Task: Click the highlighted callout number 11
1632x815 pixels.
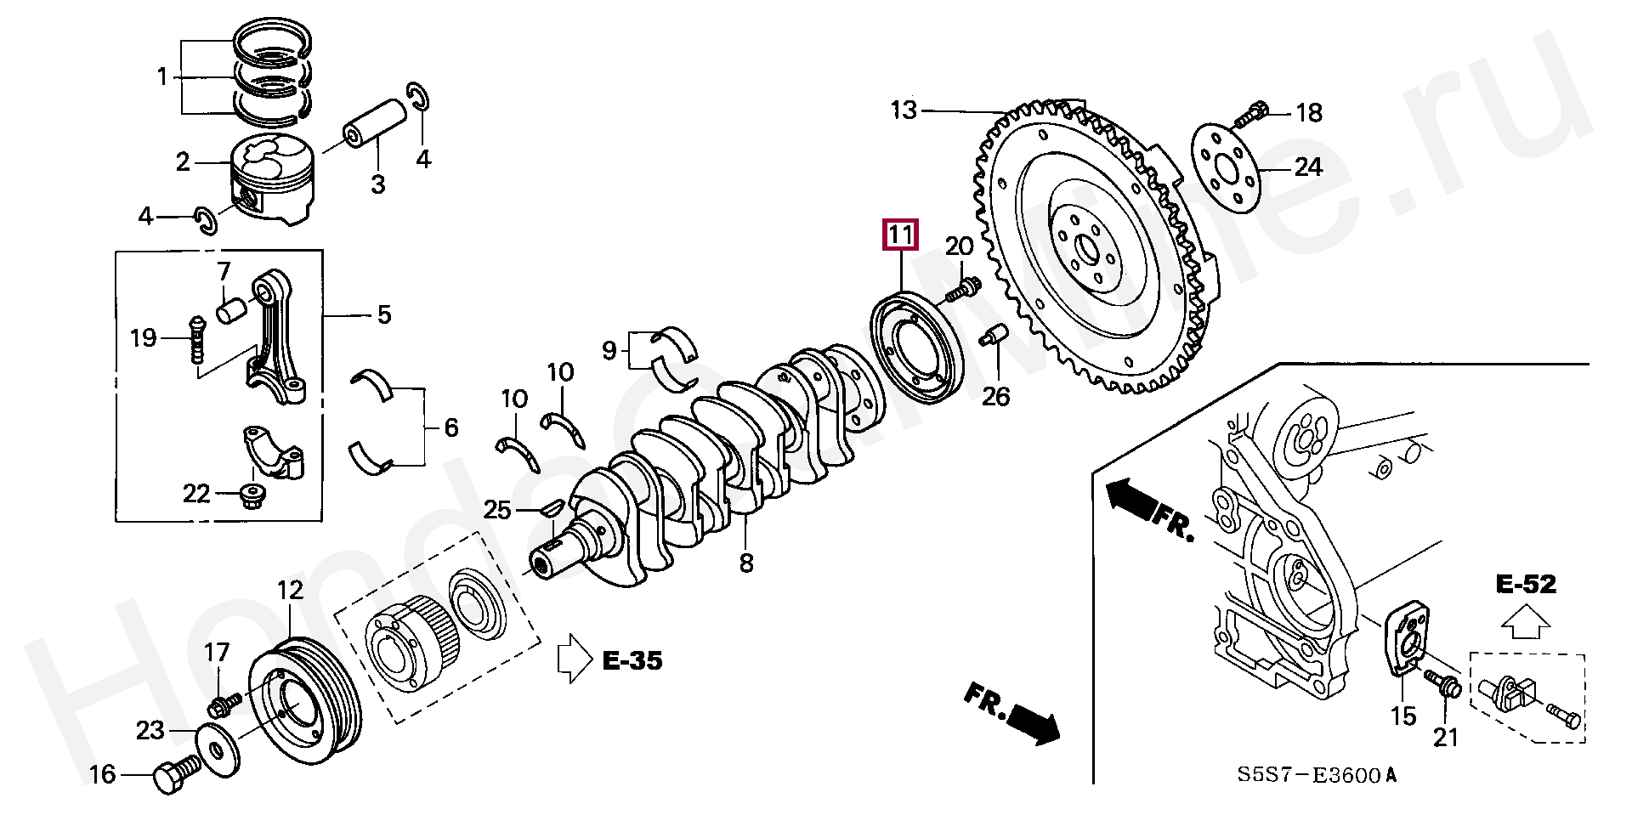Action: coord(901,235)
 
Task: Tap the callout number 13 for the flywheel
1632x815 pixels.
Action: coord(904,110)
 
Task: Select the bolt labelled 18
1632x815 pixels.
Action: coord(1249,115)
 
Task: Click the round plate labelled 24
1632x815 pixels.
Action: coord(1225,167)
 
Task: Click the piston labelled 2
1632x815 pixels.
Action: coord(273,179)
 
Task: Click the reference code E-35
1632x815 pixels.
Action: coord(632,660)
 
